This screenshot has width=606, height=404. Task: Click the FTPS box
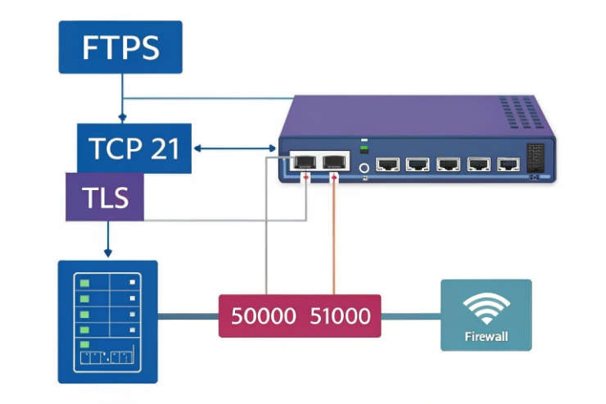[120, 48]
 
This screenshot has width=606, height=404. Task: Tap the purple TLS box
[105, 197]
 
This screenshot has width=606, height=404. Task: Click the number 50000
[263, 315]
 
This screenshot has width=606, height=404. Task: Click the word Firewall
[486, 336]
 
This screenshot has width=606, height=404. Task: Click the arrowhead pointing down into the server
[106, 251]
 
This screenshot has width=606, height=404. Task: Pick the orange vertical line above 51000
[333, 238]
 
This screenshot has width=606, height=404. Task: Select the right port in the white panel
[333, 161]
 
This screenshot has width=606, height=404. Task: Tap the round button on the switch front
[363, 169]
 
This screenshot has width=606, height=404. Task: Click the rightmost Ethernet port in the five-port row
[508, 164]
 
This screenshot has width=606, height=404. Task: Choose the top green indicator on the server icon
[84, 281]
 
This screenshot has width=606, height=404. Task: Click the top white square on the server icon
[131, 281]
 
